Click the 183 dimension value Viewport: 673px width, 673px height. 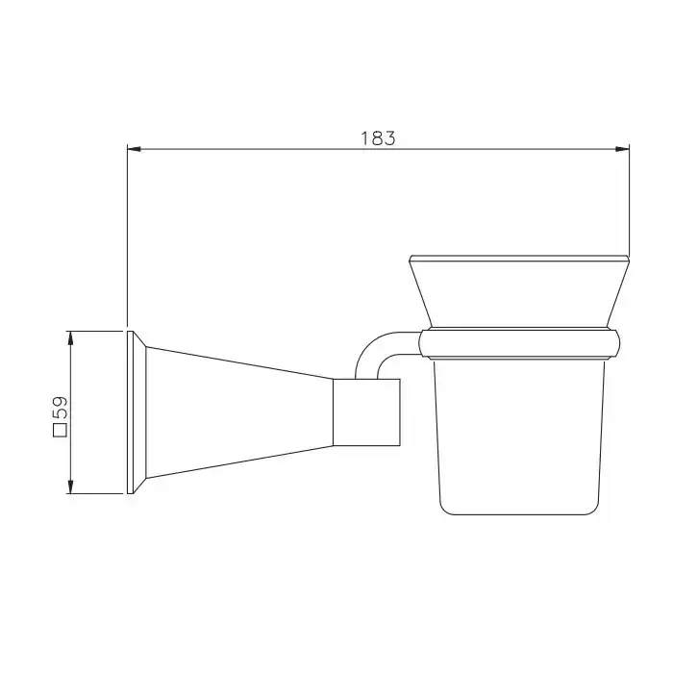[378, 138]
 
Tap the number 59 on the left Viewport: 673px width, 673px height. [61, 408]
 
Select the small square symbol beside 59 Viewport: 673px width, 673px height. [60, 430]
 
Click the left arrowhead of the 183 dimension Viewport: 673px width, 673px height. [135, 149]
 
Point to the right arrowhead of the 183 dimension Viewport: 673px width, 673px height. [622, 149]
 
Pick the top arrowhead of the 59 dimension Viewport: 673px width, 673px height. [71, 337]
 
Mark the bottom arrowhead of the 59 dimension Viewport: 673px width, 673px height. [71, 486]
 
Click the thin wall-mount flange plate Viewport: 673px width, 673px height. [131, 412]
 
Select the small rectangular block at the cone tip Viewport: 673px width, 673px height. [367, 412]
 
